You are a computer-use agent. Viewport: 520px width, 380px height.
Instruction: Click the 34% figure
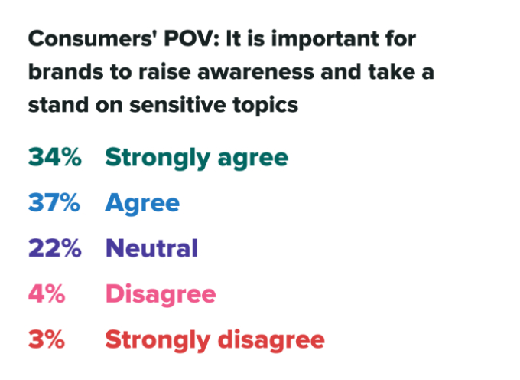click(x=54, y=157)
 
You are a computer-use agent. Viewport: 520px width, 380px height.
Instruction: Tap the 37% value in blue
click(x=54, y=203)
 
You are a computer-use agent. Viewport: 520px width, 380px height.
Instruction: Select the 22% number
click(x=54, y=248)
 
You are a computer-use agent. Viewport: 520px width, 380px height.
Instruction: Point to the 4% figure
click(x=47, y=294)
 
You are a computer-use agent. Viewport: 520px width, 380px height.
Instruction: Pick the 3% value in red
click(x=47, y=339)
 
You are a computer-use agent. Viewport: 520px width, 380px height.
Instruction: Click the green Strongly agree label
click(x=197, y=157)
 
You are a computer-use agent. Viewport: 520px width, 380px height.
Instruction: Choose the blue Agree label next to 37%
click(x=142, y=203)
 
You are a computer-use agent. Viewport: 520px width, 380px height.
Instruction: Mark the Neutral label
click(x=151, y=248)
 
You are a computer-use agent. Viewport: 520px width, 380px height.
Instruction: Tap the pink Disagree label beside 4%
click(x=161, y=294)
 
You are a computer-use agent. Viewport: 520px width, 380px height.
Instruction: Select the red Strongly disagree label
click(x=215, y=339)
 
